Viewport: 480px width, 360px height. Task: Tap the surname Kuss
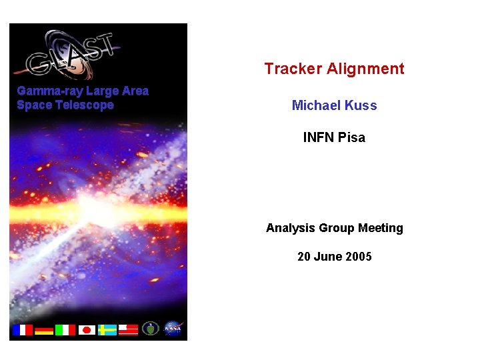click(x=361, y=105)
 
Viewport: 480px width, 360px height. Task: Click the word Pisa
click(x=352, y=137)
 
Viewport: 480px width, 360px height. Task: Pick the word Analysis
click(x=291, y=228)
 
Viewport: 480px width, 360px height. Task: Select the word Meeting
click(x=381, y=228)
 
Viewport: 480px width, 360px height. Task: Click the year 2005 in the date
click(x=359, y=257)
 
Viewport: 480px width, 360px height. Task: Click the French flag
click(x=22, y=330)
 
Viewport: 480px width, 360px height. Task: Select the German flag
click(x=44, y=330)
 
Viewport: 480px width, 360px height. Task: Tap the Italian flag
click(x=65, y=330)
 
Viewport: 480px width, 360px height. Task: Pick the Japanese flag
click(x=87, y=330)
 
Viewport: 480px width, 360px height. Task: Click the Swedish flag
click(x=107, y=330)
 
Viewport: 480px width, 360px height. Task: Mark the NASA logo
click(x=173, y=329)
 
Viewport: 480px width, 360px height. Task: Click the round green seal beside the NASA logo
click(x=151, y=329)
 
